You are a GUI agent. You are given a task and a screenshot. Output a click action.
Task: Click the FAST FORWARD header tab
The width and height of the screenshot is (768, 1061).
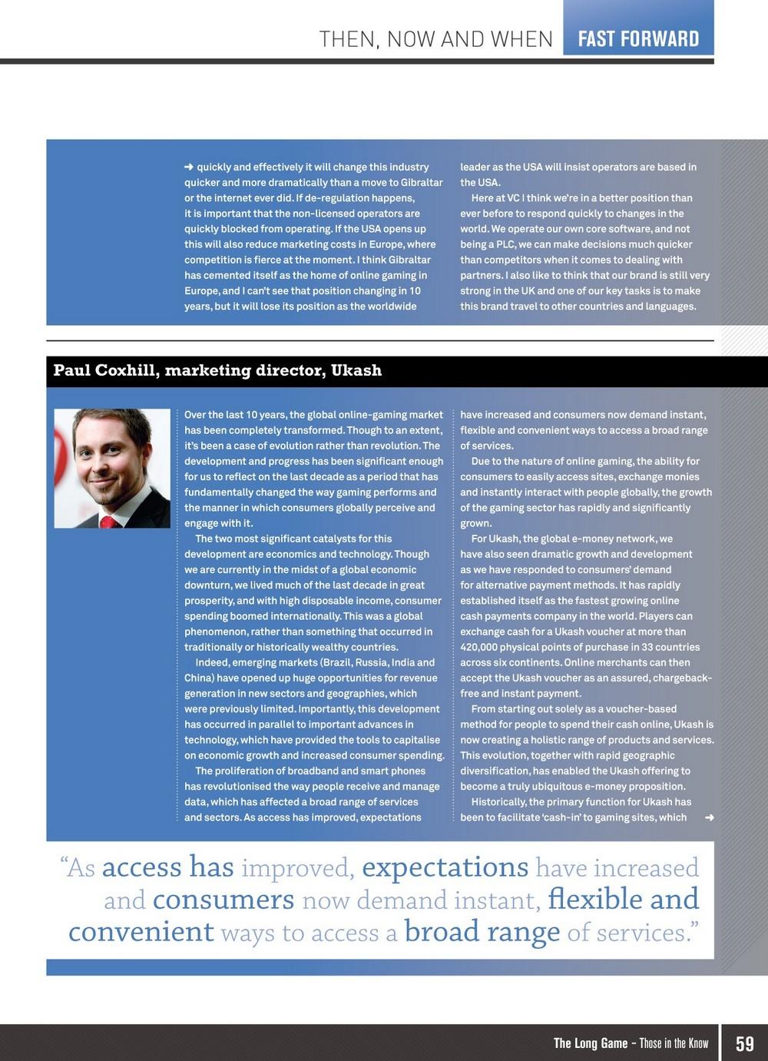(x=638, y=38)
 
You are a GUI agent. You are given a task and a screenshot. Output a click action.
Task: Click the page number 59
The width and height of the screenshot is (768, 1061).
(x=744, y=1043)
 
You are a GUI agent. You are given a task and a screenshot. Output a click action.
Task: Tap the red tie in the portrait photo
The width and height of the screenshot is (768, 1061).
(x=107, y=522)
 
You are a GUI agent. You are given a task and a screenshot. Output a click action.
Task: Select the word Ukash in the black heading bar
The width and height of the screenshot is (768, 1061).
(x=356, y=370)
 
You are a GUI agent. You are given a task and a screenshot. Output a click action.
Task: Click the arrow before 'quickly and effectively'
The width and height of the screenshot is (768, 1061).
(x=189, y=167)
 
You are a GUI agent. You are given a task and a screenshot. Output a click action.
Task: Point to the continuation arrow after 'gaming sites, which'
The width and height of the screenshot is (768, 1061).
(x=709, y=817)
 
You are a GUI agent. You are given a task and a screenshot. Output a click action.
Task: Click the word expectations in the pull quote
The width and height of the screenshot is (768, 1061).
(x=445, y=867)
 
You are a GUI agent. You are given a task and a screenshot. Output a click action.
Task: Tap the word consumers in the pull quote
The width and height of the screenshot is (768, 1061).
(x=223, y=899)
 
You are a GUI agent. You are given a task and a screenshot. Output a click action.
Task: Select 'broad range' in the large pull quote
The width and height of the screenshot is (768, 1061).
(x=482, y=931)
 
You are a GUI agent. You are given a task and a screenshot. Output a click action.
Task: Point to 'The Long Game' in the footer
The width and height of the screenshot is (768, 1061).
(x=591, y=1043)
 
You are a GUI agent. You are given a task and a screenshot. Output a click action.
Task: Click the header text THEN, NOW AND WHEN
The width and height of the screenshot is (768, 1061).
(x=435, y=39)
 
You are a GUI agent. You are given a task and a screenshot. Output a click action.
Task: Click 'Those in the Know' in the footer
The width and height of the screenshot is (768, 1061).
(x=674, y=1043)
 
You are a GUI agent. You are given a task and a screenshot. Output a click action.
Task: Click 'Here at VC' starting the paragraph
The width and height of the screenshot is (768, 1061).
(x=498, y=197)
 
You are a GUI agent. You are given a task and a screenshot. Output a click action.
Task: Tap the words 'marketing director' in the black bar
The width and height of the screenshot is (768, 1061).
(x=244, y=370)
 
